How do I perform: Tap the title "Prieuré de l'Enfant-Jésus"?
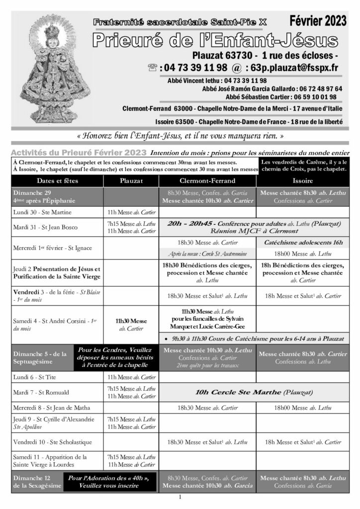point(214,39)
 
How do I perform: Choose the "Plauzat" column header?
point(131,181)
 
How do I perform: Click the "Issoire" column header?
point(302,181)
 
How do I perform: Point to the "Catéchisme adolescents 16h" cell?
point(302,242)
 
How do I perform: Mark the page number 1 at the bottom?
point(180,497)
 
